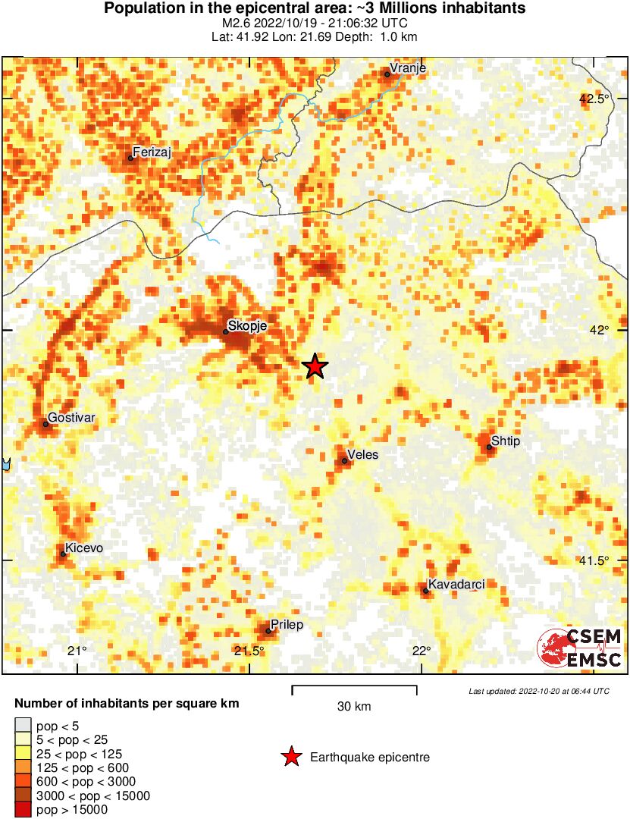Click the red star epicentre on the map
click(315, 366)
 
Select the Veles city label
click(362, 454)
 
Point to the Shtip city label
click(506, 441)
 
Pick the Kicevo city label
click(84, 548)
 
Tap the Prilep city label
click(287, 625)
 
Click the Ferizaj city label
click(152, 152)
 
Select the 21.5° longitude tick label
click(249, 651)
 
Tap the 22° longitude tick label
click(422, 651)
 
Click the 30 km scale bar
click(354, 690)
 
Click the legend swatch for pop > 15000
click(24, 810)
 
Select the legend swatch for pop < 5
click(24, 726)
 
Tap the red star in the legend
click(290, 757)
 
